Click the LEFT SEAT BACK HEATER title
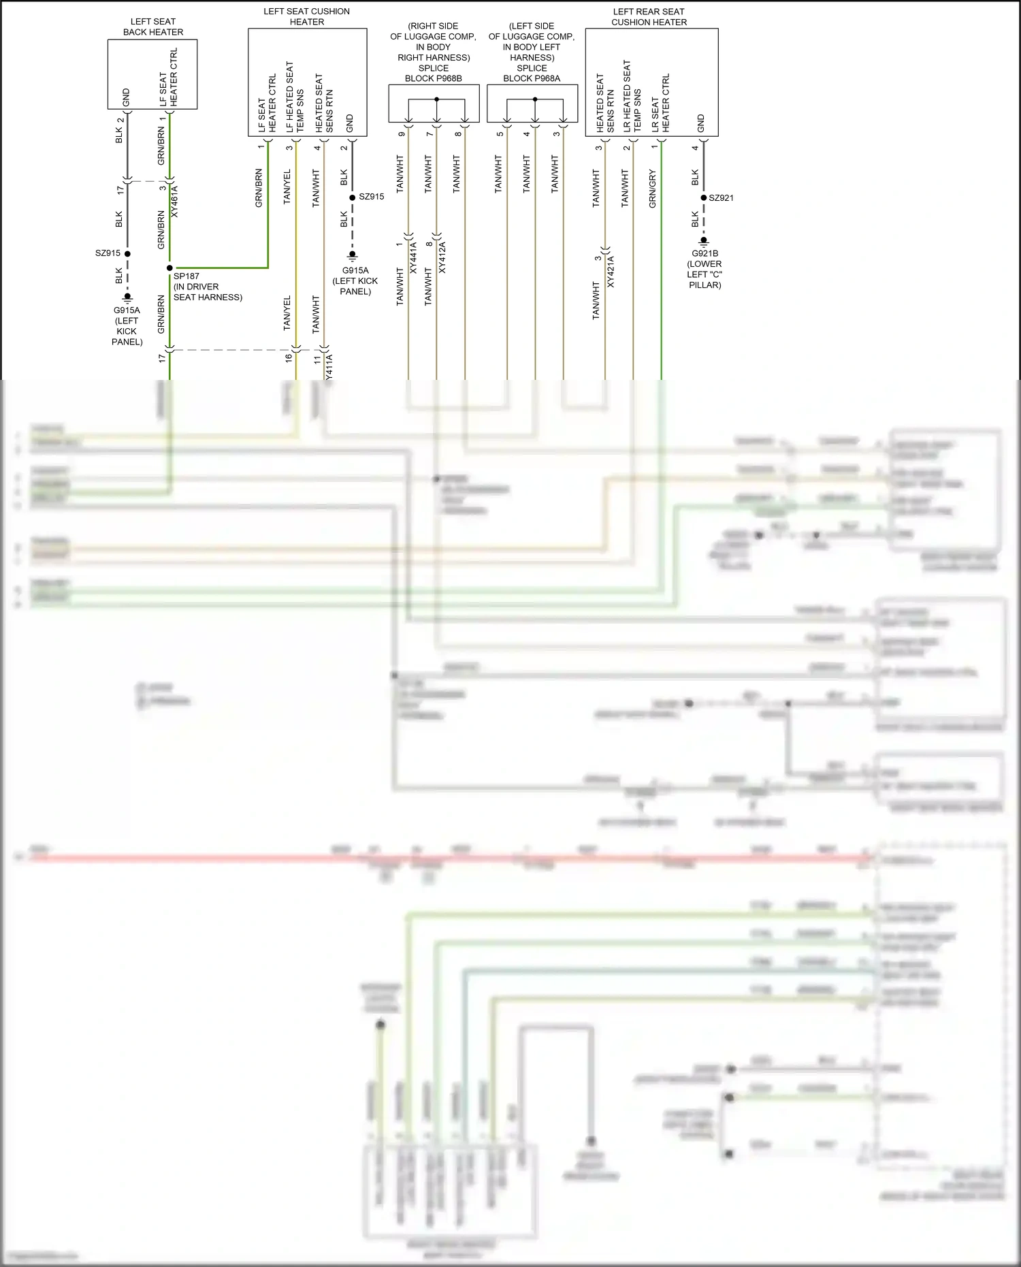(153, 27)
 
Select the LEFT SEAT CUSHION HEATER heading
(307, 17)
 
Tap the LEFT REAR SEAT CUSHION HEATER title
(649, 17)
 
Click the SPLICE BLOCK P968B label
(434, 74)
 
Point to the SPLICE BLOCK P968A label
(532, 74)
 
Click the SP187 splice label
(187, 276)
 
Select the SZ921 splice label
(721, 198)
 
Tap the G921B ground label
(704, 254)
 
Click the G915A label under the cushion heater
(355, 271)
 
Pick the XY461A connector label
(174, 201)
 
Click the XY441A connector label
(413, 257)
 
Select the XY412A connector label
(442, 257)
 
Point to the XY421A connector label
(611, 272)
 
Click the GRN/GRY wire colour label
(652, 189)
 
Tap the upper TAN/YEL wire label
(287, 186)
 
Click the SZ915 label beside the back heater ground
(108, 253)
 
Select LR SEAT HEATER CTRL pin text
(661, 103)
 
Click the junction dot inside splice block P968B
(436, 99)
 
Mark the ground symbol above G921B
(704, 240)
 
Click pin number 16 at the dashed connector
(289, 357)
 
